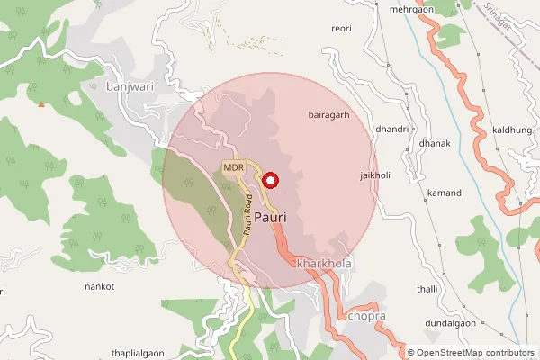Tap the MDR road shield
(235, 168)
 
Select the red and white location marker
(270, 181)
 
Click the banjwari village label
(130, 87)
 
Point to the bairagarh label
(328, 115)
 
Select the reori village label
(341, 29)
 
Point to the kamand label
(445, 193)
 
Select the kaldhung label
(512, 131)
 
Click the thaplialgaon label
(143, 352)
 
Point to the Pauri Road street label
(246, 216)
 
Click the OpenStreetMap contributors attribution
(475, 353)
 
